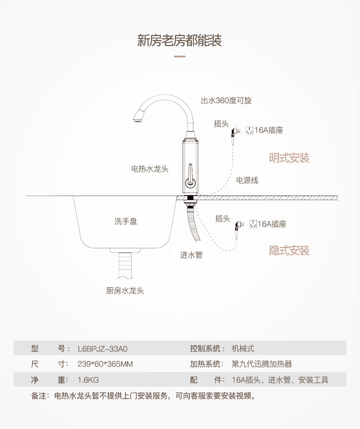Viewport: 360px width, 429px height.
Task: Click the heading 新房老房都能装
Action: [x=180, y=41]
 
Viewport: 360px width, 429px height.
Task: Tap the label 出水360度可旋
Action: [x=226, y=101]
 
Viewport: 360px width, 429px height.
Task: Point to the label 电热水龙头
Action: [x=150, y=169]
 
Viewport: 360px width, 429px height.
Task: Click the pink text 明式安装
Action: [x=289, y=158]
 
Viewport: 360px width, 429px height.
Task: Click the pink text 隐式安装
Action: [x=289, y=250]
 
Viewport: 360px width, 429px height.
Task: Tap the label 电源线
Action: [x=247, y=181]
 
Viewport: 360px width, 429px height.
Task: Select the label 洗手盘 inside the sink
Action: [x=126, y=222]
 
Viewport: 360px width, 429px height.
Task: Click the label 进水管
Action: [x=191, y=255]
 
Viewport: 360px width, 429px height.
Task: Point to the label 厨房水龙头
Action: [x=125, y=290]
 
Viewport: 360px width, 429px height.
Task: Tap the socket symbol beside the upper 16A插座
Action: [x=249, y=130]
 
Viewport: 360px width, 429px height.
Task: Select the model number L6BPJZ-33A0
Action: [x=103, y=349]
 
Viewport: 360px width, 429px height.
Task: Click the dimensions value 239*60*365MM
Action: [x=105, y=364]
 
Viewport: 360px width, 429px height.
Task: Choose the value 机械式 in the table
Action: [x=242, y=349]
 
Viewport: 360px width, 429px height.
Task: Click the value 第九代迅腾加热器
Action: [x=262, y=364]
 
